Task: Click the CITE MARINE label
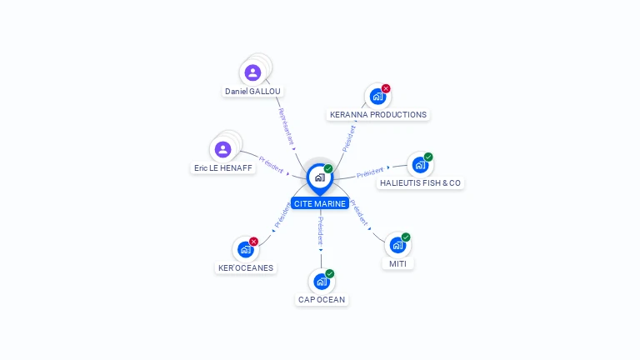(320, 203)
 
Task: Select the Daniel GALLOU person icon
(252, 72)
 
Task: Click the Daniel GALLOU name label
(252, 92)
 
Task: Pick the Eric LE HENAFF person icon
(222, 149)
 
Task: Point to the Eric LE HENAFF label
(222, 167)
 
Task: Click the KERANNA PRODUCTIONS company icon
(377, 97)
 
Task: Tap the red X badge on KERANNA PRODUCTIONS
(386, 88)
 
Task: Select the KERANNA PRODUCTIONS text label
(378, 115)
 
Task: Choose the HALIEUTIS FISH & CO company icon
(420, 165)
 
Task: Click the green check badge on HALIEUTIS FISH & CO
(428, 157)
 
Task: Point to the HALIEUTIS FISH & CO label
(420, 182)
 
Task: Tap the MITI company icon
(397, 245)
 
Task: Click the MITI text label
(397, 263)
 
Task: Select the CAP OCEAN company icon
(322, 282)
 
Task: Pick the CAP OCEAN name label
(322, 300)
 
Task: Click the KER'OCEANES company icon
(246, 249)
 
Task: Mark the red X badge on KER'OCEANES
(253, 242)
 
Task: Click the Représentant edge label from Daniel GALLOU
(286, 127)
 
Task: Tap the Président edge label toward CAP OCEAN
(321, 231)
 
